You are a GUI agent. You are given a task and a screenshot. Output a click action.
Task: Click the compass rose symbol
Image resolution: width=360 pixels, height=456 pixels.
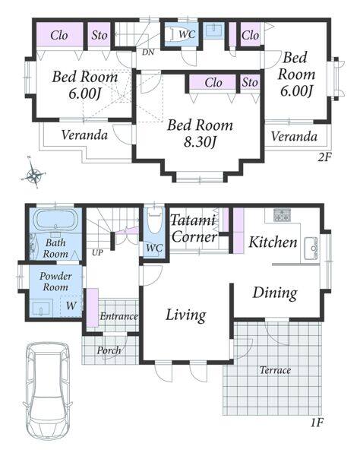[x=34, y=175]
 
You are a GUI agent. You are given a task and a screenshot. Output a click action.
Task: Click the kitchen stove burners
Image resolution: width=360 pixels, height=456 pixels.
[x=282, y=215]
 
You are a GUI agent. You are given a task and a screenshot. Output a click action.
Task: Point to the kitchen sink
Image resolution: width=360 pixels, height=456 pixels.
[x=311, y=249]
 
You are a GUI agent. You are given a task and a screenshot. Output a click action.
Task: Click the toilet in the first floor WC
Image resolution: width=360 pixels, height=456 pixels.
[x=154, y=222]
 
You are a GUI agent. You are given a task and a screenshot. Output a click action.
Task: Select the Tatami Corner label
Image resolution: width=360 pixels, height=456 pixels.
[x=194, y=229]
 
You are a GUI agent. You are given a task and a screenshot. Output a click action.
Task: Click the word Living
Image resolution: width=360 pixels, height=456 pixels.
[x=186, y=315]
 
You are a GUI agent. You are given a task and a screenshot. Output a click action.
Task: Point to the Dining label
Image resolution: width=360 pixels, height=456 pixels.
[x=275, y=293]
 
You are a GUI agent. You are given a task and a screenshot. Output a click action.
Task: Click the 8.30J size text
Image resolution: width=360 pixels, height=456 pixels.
[x=201, y=142]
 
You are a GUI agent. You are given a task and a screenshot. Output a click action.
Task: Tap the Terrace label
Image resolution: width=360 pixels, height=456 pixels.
[x=275, y=370]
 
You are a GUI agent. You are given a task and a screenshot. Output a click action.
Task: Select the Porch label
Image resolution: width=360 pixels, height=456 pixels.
[x=109, y=350]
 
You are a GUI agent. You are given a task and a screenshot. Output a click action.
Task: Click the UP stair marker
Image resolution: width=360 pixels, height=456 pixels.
[x=97, y=252]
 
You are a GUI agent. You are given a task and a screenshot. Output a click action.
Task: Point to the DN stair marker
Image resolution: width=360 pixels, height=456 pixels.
[x=148, y=52]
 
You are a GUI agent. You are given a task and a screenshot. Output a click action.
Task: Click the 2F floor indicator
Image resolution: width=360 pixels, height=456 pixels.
[x=324, y=157]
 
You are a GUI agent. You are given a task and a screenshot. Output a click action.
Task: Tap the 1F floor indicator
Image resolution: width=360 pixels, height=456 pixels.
[x=317, y=422]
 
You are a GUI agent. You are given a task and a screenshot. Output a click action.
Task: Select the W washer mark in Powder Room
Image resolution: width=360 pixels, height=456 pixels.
[x=71, y=306]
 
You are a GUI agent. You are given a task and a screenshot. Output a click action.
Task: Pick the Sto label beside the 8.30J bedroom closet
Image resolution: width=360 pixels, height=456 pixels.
[x=250, y=82]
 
